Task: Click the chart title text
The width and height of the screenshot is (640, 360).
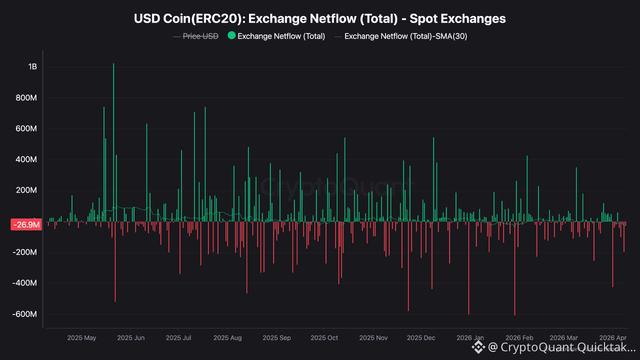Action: pyautogui.click(x=319, y=19)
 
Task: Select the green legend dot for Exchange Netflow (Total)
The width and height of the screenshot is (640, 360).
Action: pyautogui.click(x=231, y=35)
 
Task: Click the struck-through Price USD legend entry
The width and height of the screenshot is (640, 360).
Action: pyautogui.click(x=200, y=36)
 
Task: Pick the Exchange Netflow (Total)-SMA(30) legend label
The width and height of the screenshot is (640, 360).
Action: pyautogui.click(x=405, y=36)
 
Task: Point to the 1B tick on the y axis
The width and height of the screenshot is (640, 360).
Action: pyautogui.click(x=32, y=67)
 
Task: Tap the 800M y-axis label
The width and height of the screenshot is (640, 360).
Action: pyautogui.click(x=27, y=98)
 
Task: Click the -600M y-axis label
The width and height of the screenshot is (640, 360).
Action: pyautogui.click(x=25, y=314)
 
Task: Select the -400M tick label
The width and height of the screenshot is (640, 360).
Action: pyautogui.click(x=25, y=283)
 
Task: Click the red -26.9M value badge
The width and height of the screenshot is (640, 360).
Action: pyautogui.click(x=26, y=225)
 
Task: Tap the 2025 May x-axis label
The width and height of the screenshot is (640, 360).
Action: pyautogui.click(x=81, y=338)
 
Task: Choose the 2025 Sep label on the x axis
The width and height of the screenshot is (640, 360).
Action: pyautogui.click(x=276, y=338)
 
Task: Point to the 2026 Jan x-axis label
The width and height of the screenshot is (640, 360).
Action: pyautogui.click(x=470, y=338)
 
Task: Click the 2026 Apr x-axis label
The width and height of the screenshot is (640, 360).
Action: pyautogui.click(x=612, y=338)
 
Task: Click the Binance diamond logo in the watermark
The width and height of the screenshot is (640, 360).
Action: pyautogui.click(x=478, y=346)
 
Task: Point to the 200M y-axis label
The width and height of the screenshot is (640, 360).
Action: pyautogui.click(x=27, y=190)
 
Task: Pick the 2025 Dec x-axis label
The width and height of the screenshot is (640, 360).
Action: pyautogui.click(x=421, y=338)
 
